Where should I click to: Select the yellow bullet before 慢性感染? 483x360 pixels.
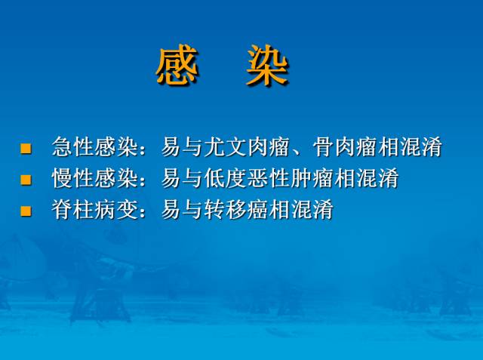[26, 180]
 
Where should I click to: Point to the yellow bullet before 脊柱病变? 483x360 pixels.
[26, 211]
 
